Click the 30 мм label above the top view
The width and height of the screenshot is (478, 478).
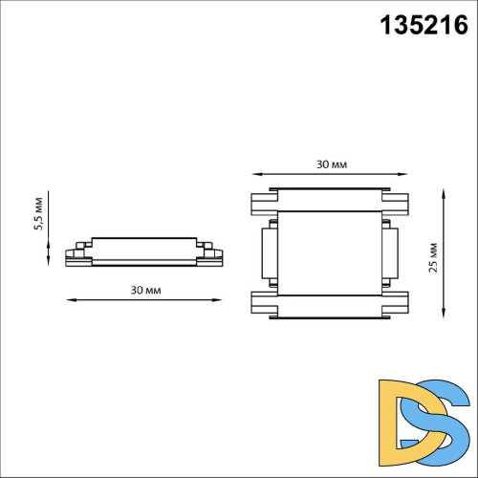pos(332,163)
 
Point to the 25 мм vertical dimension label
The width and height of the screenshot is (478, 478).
pos(432,256)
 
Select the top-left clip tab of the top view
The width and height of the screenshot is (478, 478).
pos(263,204)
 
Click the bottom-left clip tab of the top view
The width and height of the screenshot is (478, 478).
pos(263,303)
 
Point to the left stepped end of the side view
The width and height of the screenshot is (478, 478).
pos(76,254)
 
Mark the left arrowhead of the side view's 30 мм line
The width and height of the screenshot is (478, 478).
pos(69,301)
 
